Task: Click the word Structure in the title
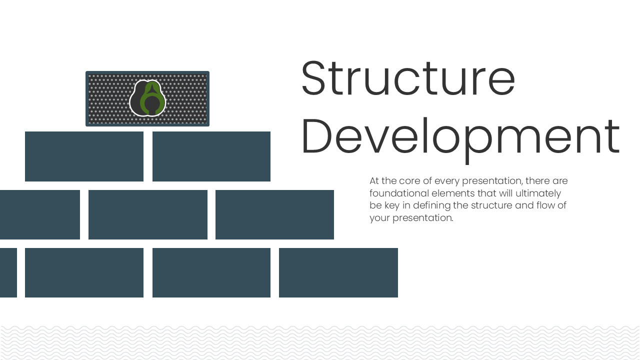point(408,79)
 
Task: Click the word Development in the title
point(460,136)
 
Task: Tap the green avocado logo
point(147,98)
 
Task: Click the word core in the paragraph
point(409,180)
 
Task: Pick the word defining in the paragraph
point(430,205)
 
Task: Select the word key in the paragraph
point(390,205)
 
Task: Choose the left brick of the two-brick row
point(84,156)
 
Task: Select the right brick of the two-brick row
point(211,156)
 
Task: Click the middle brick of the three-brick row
point(148,214)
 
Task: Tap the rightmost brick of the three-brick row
point(274,214)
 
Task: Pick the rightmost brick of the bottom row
point(338,272)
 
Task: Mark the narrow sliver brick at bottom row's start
point(8,272)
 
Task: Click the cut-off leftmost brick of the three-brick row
point(39,214)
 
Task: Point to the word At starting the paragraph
point(374,180)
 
